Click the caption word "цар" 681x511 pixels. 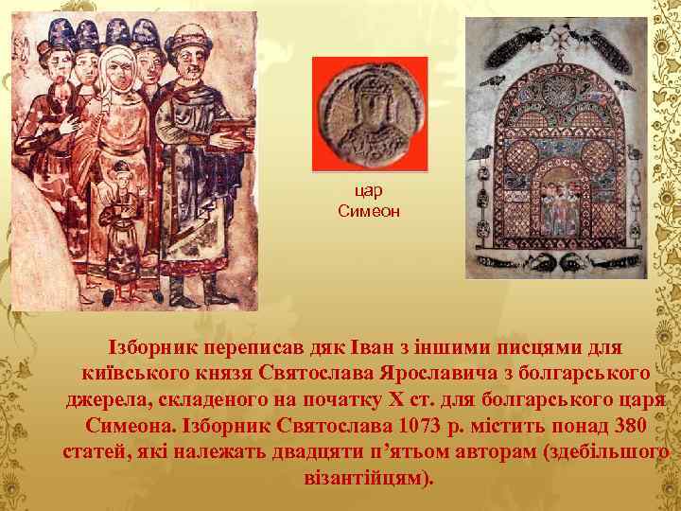pyautogui.click(x=369, y=191)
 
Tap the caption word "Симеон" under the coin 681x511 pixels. pyautogui.click(x=369, y=210)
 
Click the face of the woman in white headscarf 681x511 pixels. pyautogui.click(x=116, y=66)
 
